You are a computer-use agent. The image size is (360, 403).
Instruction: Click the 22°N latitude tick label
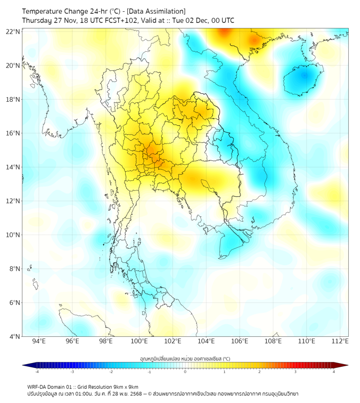click(13, 31)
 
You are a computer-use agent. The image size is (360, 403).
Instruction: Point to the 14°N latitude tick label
click(13, 167)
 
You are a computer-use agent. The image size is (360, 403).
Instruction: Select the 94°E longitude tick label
click(39, 341)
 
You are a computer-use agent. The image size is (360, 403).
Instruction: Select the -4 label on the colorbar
click(36, 372)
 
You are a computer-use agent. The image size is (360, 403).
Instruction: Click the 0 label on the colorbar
click(185, 372)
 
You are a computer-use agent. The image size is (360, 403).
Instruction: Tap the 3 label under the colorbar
click(296, 372)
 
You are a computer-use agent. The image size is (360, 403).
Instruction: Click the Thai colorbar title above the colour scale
click(185, 359)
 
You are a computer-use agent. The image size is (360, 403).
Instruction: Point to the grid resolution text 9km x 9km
click(126, 386)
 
